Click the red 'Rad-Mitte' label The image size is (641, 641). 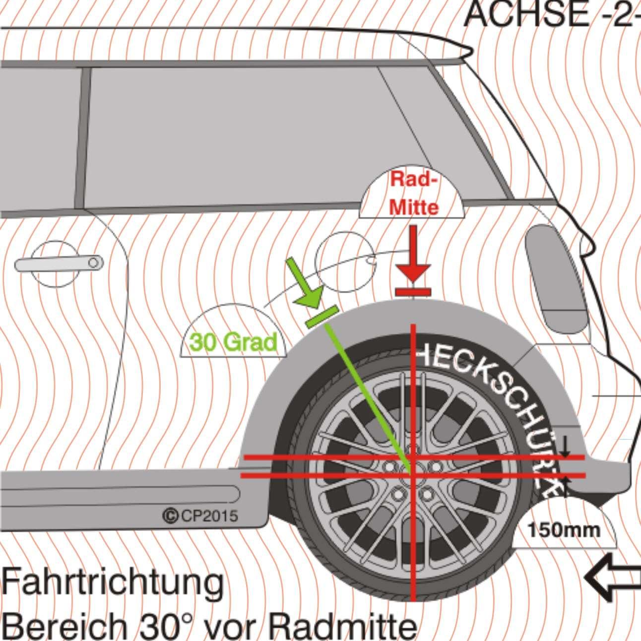pos(414,193)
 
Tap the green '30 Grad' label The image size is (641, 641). pos(233,342)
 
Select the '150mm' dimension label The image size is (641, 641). pos(564,530)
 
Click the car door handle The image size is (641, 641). pos(59,263)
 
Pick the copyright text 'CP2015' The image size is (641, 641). pos(201,516)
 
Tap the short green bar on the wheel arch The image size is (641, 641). pos(322,317)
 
